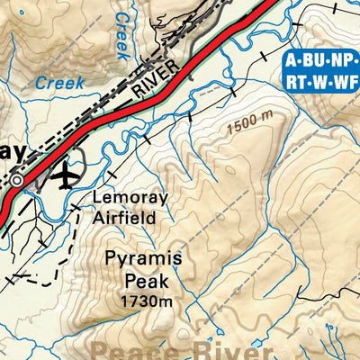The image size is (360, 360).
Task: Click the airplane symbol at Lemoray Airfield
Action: [x=64, y=175]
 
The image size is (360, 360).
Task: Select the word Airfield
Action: [x=125, y=217]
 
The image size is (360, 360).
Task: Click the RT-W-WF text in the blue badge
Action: [x=320, y=84]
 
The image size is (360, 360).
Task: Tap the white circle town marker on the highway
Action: [x=17, y=181]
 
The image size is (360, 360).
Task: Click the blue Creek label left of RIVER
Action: [x=59, y=83]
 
